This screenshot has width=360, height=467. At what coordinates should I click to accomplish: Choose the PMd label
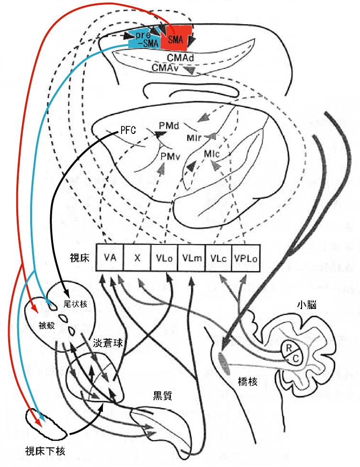coord(169,126)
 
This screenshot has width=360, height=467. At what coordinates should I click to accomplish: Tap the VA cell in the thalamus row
coord(110,258)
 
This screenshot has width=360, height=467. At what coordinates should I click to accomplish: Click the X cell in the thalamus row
coord(137,258)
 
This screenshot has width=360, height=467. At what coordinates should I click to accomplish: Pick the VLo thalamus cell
coord(164,258)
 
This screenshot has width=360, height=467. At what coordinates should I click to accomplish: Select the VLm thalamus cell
coord(191,258)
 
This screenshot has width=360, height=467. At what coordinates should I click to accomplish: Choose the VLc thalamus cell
coord(218,258)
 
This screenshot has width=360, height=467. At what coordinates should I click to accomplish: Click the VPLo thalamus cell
coord(246,258)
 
